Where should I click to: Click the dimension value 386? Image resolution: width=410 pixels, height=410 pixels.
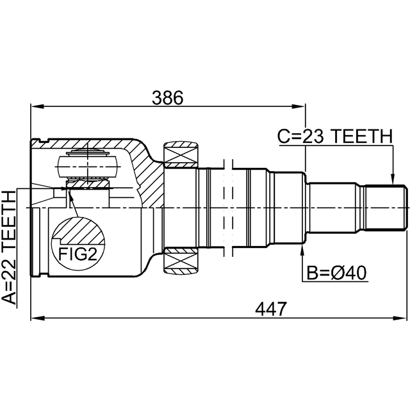coord(168,97)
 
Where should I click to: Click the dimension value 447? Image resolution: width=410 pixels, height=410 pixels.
coord(270,308)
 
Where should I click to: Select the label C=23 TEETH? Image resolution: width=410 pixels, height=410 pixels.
coord(334,136)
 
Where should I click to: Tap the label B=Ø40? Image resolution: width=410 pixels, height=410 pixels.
coord(336,274)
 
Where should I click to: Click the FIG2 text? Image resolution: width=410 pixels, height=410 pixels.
coord(78,255)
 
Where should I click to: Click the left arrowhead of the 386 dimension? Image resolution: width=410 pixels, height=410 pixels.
coord(36,106)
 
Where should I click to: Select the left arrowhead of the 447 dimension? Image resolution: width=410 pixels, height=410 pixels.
coord(36,316)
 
